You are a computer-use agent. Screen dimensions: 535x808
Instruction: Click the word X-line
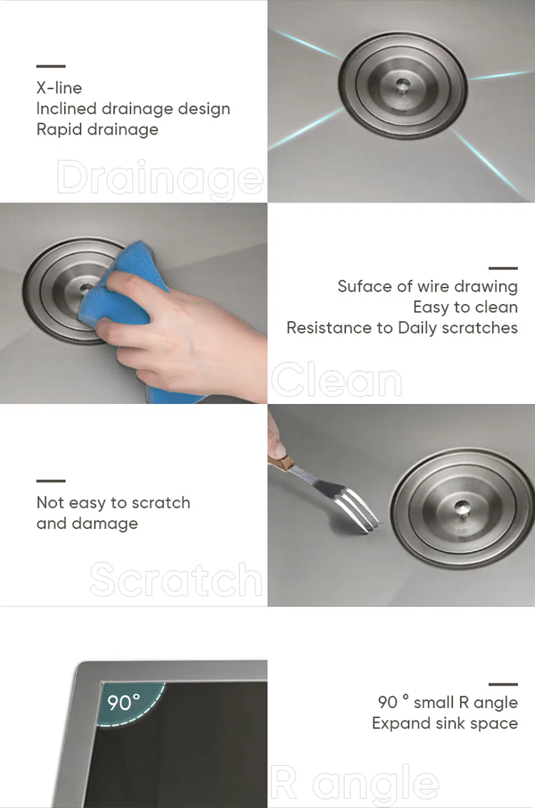coord(59,88)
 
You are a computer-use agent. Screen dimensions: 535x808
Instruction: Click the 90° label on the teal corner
coord(124,702)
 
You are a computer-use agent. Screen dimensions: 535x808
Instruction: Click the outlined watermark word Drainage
coord(160,179)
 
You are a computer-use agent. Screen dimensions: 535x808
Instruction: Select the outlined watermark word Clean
coord(336,379)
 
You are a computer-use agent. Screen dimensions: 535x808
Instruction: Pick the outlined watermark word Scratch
coord(176,579)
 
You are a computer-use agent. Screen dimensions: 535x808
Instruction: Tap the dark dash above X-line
coord(51,66)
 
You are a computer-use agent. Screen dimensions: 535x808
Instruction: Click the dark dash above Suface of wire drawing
coord(503,268)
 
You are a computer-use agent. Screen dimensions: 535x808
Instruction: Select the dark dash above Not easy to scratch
coord(51,481)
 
